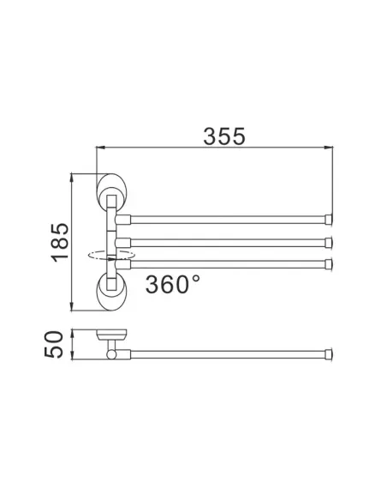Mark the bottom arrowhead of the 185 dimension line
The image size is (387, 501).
point(72,309)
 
